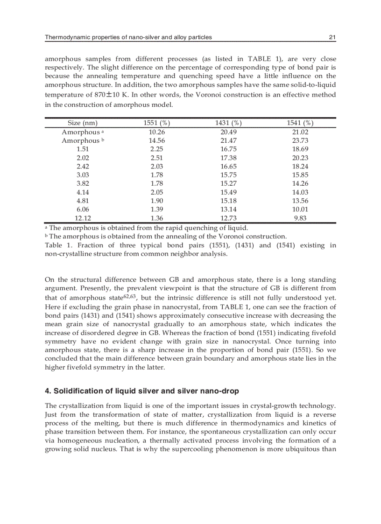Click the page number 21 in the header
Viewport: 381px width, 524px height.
coord(332,37)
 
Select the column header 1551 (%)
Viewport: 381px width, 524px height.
coord(156,123)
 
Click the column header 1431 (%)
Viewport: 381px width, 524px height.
coord(228,123)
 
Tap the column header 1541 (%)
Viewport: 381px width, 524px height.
coord(300,123)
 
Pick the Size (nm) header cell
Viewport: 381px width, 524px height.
coord(83,123)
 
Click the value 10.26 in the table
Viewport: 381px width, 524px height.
coord(156,132)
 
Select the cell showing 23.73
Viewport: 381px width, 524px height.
coord(300,140)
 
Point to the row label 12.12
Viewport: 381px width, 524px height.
coord(83,218)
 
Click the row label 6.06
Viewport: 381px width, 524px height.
coord(83,210)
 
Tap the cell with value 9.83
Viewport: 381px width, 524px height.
coord(300,218)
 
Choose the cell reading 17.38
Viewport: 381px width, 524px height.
coord(228,158)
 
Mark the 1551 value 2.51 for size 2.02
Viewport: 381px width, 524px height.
coord(156,158)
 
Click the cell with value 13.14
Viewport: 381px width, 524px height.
coord(228,210)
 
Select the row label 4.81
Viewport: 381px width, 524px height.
coord(83,201)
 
